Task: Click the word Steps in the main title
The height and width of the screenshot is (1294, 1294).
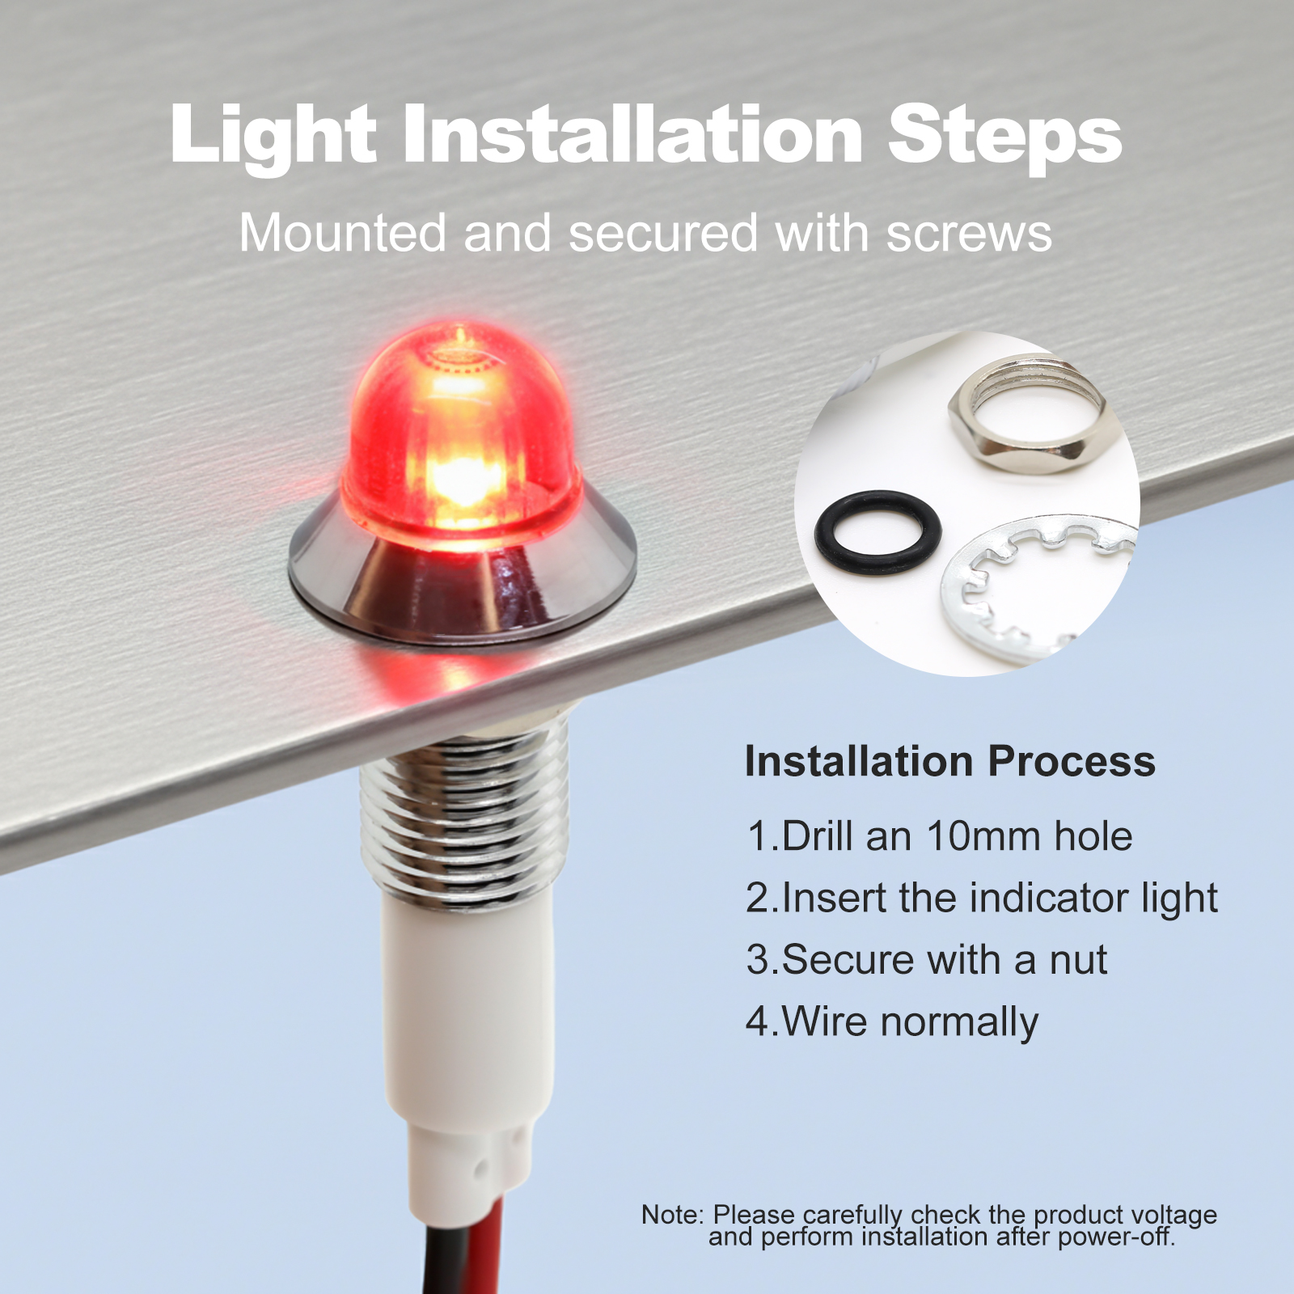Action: pyautogui.click(x=1004, y=136)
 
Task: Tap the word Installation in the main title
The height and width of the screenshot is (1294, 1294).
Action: pyautogui.click(x=632, y=132)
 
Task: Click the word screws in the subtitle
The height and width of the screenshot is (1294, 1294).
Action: pyautogui.click(x=969, y=235)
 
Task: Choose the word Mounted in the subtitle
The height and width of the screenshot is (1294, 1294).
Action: pyautogui.click(x=343, y=233)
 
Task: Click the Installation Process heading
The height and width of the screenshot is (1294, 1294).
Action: pyautogui.click(x=950, y=762)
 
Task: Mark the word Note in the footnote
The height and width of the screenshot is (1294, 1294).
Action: pyautogui.click(x=673, y=1215)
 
